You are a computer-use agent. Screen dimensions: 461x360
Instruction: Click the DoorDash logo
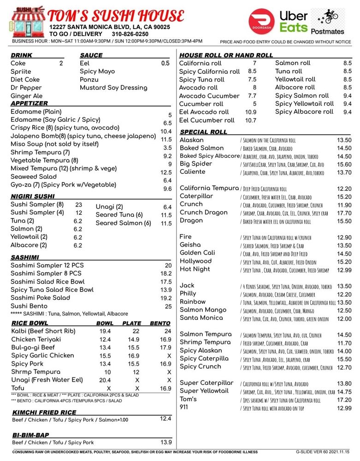click(x=261, y=22)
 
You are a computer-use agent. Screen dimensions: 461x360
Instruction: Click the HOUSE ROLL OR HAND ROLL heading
click(x=226, y=55)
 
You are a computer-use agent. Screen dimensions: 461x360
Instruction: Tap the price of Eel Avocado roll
click(x=251, y=112)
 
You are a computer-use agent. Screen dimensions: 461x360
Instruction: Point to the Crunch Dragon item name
click(x=203, y=213)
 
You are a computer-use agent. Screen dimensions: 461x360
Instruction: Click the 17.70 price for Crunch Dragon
click(x=344, y=213)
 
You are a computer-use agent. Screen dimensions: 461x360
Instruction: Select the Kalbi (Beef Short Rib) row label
click(x=43, y=331)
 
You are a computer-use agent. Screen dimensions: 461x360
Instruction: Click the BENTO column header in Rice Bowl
click(x=160, y=323)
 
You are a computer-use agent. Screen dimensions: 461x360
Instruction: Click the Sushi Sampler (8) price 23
click(x=78, y=205)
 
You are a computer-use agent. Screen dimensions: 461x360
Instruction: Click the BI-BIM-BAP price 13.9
click(x=165, y=442)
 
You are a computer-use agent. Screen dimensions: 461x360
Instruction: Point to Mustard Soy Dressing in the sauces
click(x=113, y=88)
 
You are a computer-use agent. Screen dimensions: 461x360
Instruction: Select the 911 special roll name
click(x=184, y=407)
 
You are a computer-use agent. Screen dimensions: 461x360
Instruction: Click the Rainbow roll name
click(x=193, y=302)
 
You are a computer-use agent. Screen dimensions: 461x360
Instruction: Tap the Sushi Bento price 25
click(x=168, y=306)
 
